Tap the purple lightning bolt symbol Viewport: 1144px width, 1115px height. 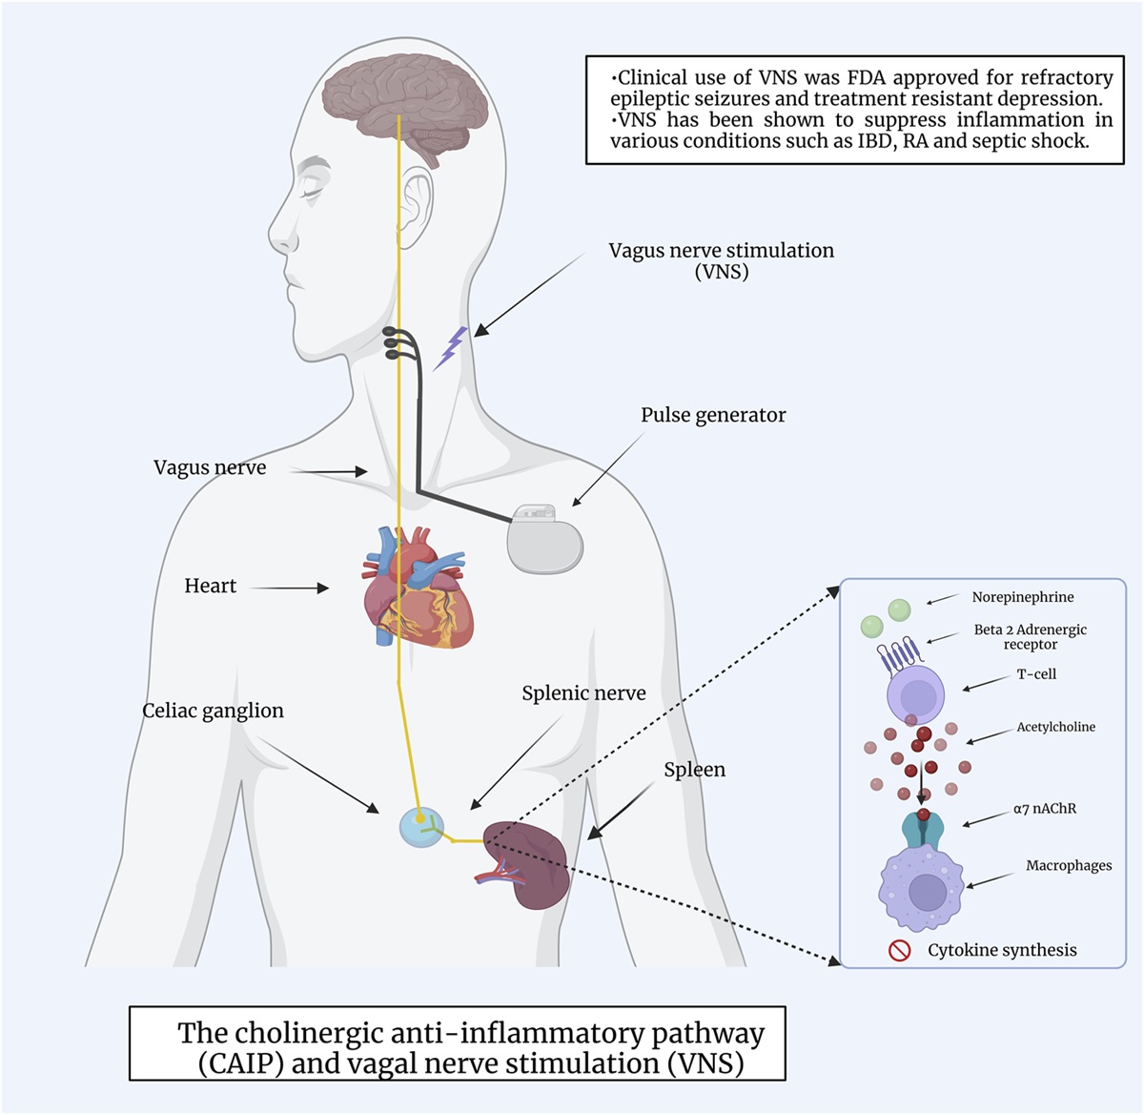click(x=450, y=348)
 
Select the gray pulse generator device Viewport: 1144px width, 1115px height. click(x=544, y=539)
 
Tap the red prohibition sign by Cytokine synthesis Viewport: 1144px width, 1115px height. click(x=899, y=950)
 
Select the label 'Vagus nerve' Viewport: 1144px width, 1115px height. click(x=210, y=467)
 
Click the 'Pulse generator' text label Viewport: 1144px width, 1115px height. click(x=713, y=415)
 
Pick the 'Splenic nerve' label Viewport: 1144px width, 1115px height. click(x=583, y=693)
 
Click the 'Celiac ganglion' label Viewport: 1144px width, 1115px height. click(x=213, y=711)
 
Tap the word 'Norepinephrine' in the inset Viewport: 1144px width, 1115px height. click(x=1023, y=597)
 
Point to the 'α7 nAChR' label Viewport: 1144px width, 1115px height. click(x=1045, y=809)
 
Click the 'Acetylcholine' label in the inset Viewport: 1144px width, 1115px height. click(x=1055, y=727)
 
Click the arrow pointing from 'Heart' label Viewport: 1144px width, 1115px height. click(x=290, y=588)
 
